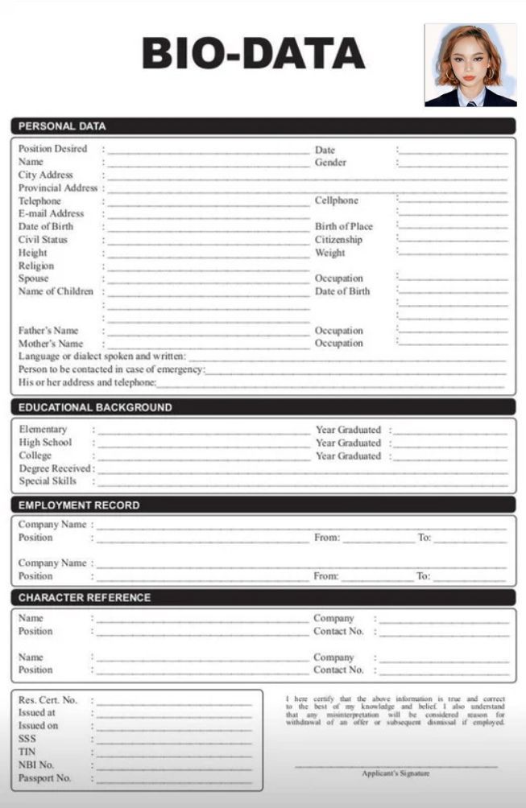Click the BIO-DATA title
(253, 54)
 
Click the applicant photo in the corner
(470, 65)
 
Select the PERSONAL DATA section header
(62, 126)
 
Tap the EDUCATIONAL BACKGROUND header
(95, 407)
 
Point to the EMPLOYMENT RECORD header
(79, 505)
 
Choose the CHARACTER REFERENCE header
(85, 598)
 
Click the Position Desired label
(52, 149)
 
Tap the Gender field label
(330, 162)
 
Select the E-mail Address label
(51, 213)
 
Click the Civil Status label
(43, 239)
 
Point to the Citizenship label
(338, 239)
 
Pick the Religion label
(36, 266)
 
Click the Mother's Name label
(51, 344)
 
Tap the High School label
(45, 442)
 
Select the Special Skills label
(48, 481)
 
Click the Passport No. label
(45, 778)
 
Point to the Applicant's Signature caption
(396, 773)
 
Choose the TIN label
(27, 752)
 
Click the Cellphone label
(336, 200)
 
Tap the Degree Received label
(55, 468)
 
